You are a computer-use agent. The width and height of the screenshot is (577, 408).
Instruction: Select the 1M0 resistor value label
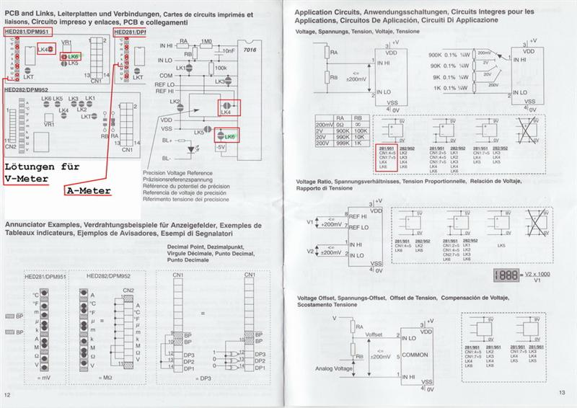(207, 42)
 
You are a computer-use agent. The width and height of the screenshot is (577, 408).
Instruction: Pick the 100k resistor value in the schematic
(221, 68)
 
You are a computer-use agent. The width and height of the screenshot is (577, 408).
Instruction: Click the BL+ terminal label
(167, 141)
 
